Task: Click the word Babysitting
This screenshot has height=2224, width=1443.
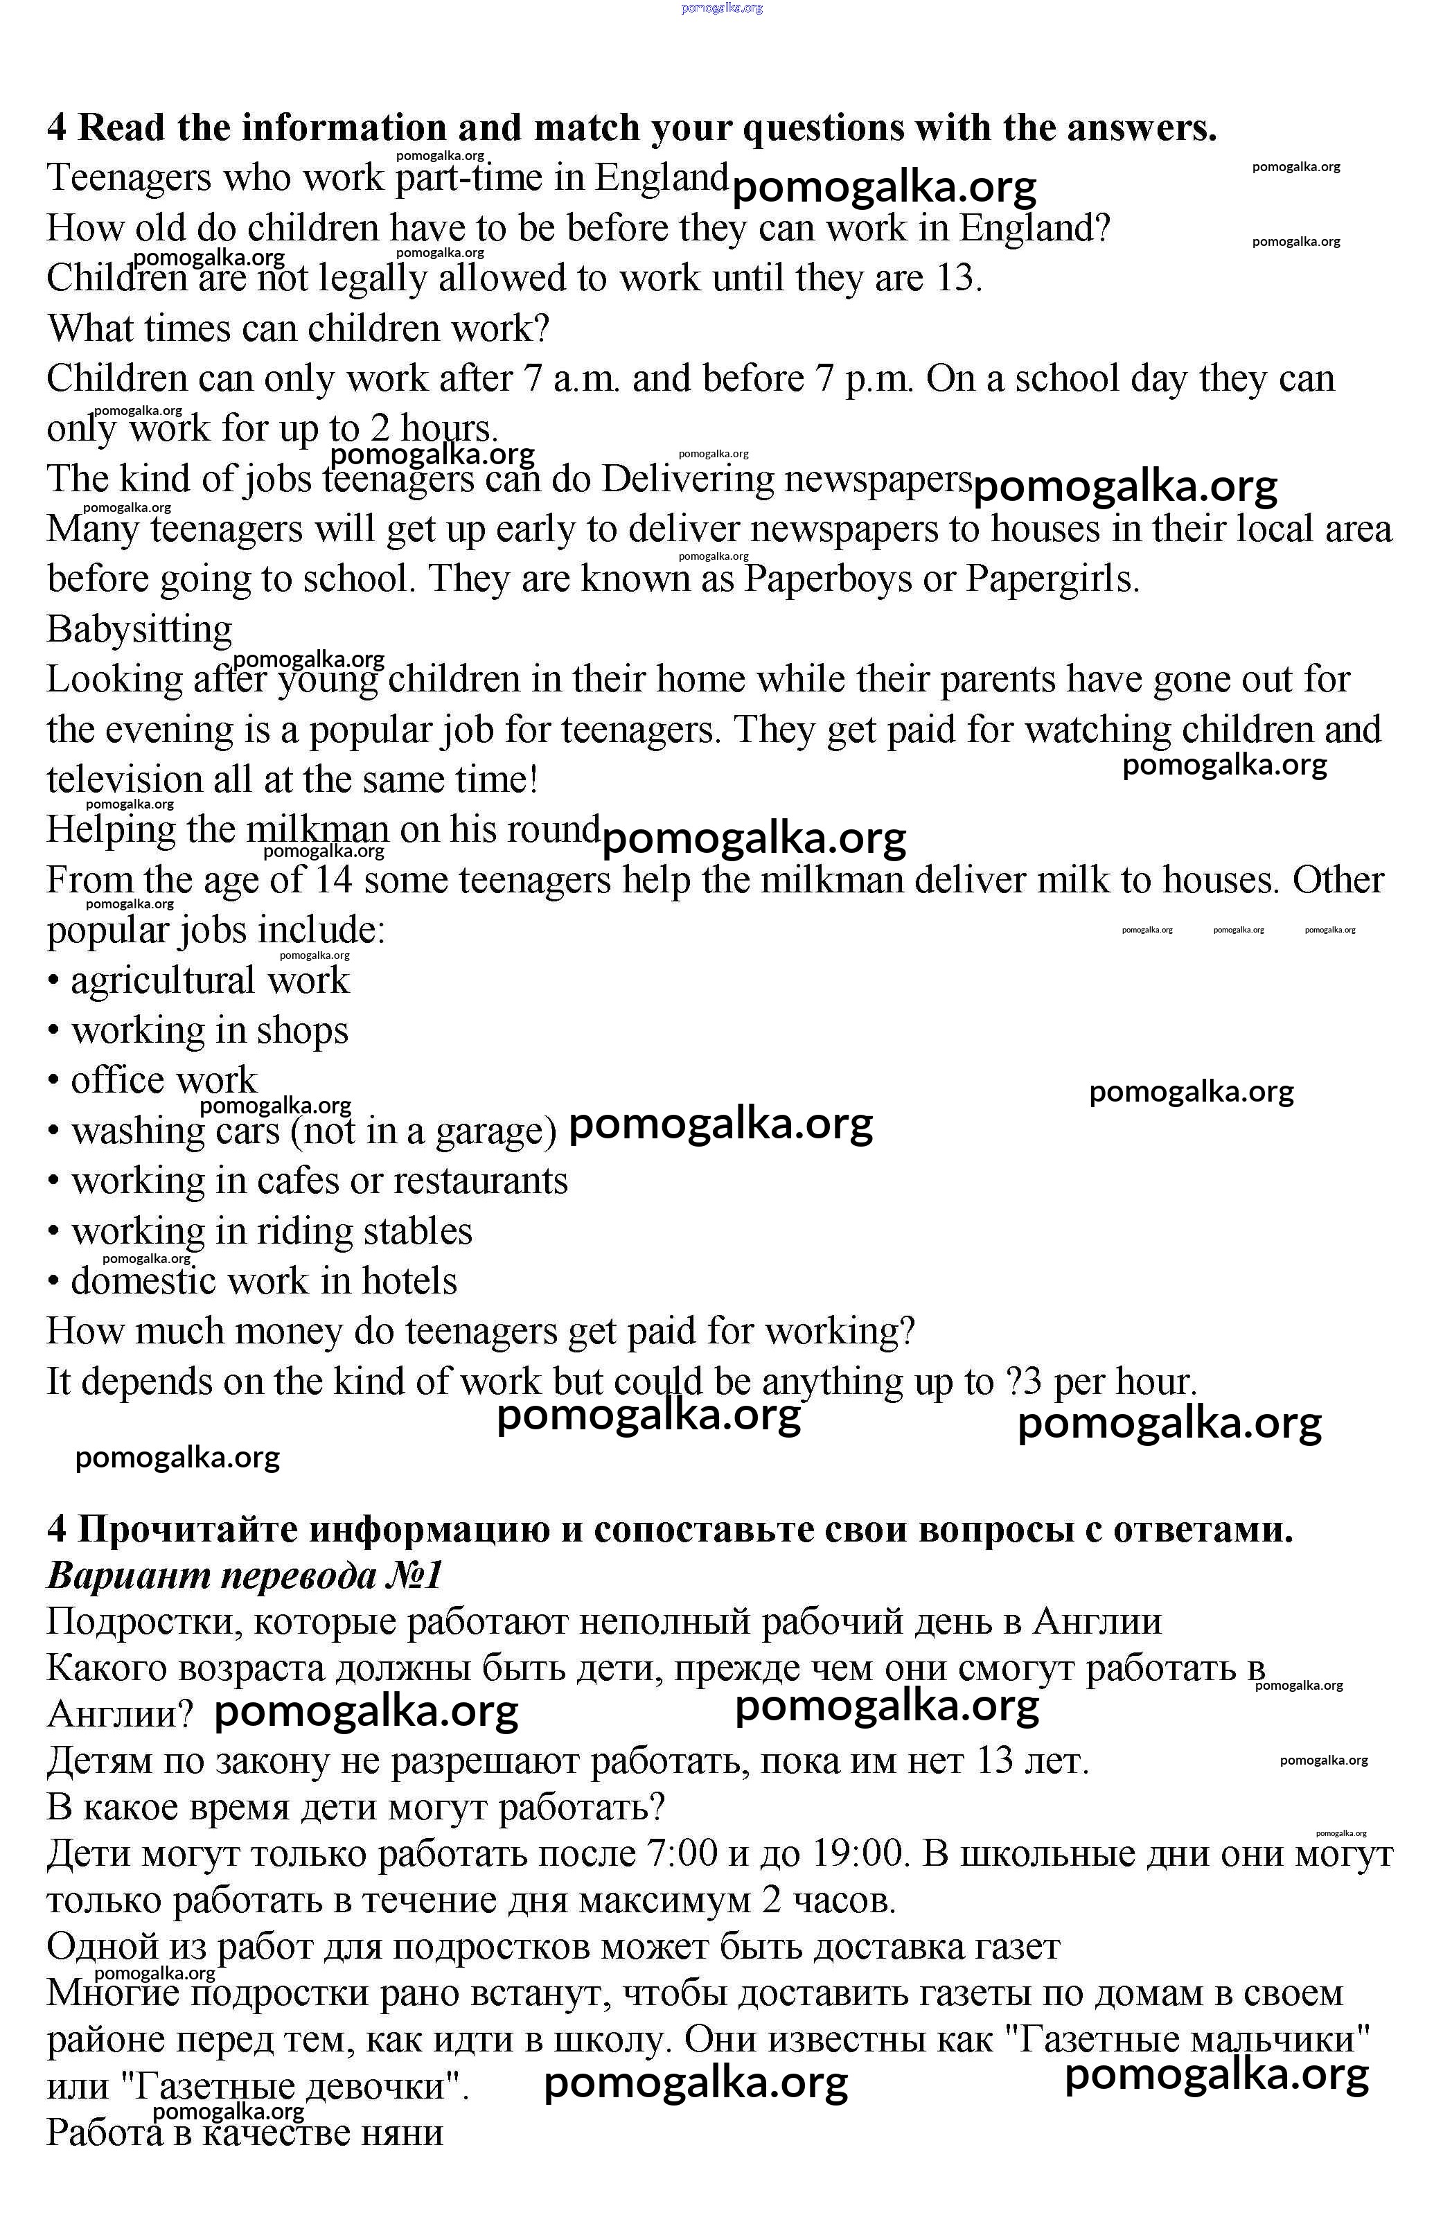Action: click(x=139, y=630)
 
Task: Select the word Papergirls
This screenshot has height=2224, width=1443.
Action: click(x=1052, y=579)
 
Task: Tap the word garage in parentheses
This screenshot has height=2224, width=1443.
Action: click(x=490, y=1131)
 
